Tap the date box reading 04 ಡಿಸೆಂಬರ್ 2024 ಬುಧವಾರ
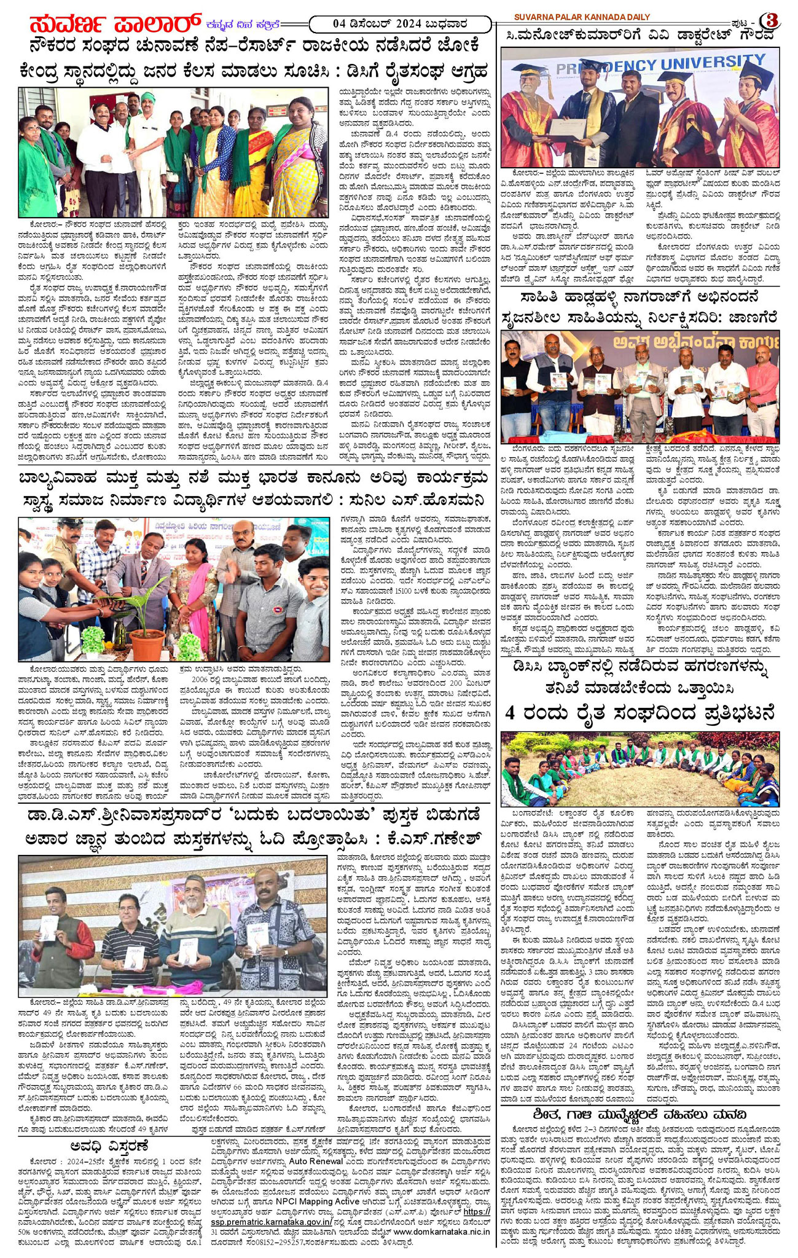399,24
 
